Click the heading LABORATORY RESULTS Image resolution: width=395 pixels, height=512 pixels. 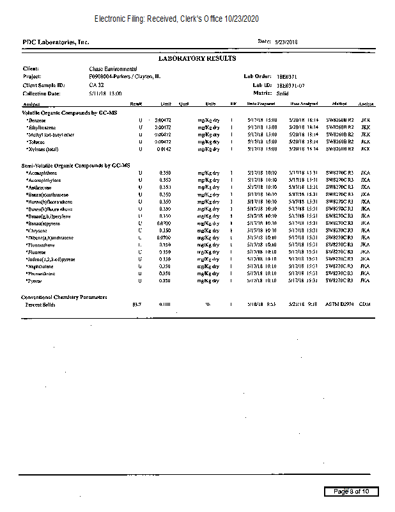click(197, 58)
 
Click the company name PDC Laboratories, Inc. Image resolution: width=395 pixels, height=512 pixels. click(56, 42)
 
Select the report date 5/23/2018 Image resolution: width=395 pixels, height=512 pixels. click(286, 42)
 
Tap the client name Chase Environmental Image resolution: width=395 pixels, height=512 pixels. click(113, 68)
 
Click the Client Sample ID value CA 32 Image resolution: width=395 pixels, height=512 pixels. click(97, 85)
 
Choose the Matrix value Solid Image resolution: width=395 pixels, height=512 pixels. click(283, 93)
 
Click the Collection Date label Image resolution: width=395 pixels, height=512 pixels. click(42, 93)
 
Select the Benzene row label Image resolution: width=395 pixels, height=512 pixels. click(36, 120)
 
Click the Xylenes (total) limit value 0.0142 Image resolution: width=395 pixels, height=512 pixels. click(164, 149)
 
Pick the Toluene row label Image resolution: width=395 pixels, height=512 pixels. click(36, 142)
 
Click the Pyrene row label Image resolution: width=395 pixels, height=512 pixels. click(34, 281)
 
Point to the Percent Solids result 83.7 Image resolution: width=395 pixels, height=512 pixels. click(136, 305)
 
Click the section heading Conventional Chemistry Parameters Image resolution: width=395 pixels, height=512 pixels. click(64, 297)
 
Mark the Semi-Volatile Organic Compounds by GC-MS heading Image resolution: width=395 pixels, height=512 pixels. click(76, 165)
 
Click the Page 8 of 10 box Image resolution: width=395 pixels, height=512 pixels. click(351, 492)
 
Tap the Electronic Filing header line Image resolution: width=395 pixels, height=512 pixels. click(176, 19)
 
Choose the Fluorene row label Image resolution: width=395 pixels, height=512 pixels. click(36, 252)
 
